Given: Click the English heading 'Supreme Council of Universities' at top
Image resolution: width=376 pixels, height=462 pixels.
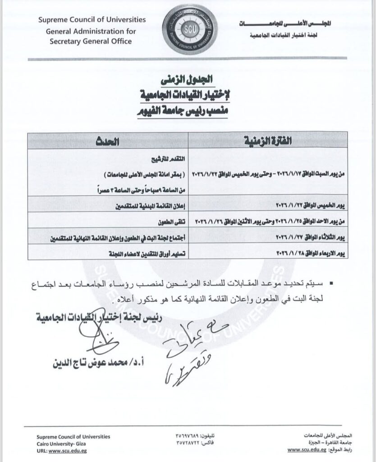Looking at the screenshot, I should [92, 20].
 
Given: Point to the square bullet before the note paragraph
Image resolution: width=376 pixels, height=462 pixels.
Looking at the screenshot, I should [332, 284].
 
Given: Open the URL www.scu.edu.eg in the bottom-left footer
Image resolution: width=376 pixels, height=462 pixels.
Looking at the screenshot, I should [62, 451].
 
